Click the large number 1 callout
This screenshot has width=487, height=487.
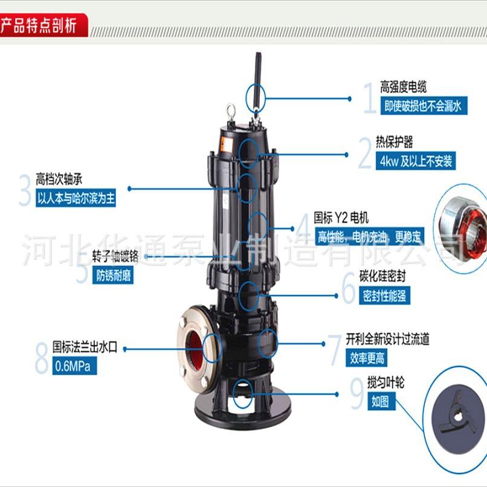coord(369,98)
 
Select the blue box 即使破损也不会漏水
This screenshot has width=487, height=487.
coord(422,106)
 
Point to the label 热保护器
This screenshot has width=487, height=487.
coord(394,143)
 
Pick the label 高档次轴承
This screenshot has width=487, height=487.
coord(63,179)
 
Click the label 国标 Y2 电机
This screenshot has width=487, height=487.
coord(341,217)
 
